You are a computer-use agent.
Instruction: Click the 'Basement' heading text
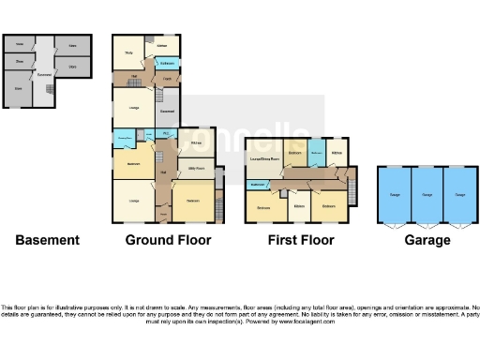[47, 240]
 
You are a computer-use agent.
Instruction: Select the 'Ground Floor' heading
[169, 240]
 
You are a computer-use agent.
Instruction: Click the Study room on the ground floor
[128, 52]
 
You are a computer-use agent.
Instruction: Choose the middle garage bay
[427, 195]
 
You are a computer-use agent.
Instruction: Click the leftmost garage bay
[394, 195]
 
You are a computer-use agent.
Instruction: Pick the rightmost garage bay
[459, 195]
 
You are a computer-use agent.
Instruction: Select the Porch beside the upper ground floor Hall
[165, 81]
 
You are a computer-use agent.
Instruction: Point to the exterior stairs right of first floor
[352, 192]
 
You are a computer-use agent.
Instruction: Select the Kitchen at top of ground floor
[162, 44]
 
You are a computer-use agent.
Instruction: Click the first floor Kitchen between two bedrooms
[298, 205]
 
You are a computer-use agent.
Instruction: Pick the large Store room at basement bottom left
[19, 89]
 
